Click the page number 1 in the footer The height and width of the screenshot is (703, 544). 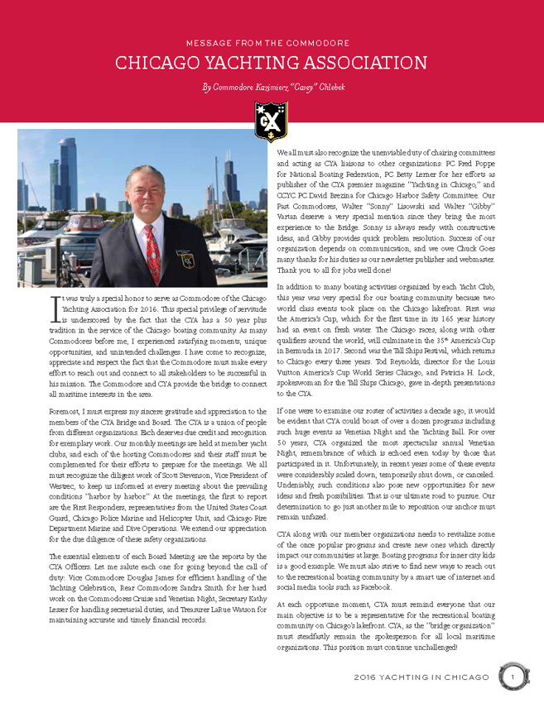[x=512, y=679]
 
